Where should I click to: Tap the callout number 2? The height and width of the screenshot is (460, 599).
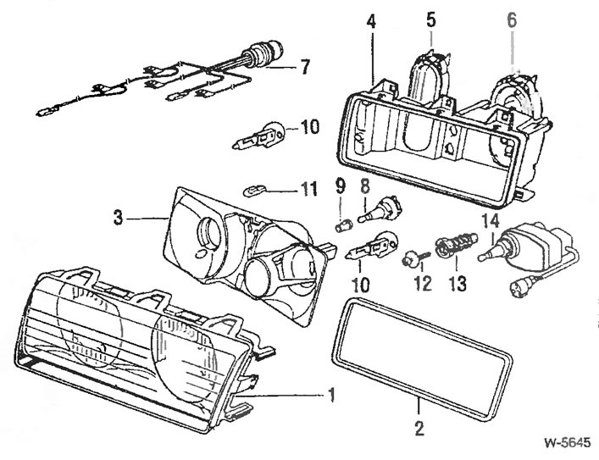418,428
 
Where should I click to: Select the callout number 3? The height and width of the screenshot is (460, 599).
119,218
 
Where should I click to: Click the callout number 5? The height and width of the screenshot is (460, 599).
430,17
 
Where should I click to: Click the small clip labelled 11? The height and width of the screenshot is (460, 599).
252,188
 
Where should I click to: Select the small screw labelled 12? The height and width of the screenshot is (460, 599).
408,254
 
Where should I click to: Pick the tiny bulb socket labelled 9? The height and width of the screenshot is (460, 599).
345,225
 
